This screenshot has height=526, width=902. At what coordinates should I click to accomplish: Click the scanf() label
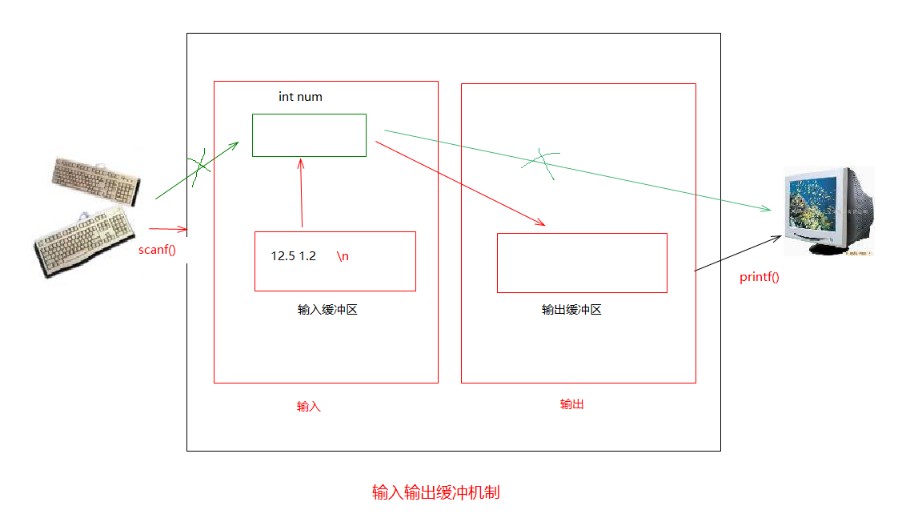click(x=157, y=249)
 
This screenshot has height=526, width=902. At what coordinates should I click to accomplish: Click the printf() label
click(x=760, y=277)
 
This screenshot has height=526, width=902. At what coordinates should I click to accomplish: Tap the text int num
click(x=300, y=97)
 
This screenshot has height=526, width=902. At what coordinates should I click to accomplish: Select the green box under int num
click(x=309, y=135)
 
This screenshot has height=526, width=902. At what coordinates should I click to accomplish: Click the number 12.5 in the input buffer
click(x=283, y=256)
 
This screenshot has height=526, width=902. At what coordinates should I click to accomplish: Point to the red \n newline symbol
click(x=343, y=256)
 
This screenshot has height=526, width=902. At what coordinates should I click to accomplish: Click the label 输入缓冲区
click(x=327, y=310)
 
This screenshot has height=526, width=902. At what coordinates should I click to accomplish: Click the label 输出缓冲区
click(x=571, y=310)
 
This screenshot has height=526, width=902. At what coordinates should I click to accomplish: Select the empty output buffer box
click(x=582, y=263)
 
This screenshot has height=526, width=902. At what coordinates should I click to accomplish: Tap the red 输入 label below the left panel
click(x=309, y=407)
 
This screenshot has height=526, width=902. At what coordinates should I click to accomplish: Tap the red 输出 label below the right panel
click(x=571, y=404)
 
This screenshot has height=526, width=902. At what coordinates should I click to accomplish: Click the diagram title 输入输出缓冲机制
click(x=435, y=492)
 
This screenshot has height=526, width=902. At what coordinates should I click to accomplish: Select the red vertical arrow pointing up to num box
click(x=302, y=192)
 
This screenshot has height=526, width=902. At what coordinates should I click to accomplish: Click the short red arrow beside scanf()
click(x=168, y=230)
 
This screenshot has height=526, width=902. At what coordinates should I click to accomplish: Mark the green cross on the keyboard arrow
click(x=198, y=165)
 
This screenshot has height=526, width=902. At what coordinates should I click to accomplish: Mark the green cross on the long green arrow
click(x=541, y=163)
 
